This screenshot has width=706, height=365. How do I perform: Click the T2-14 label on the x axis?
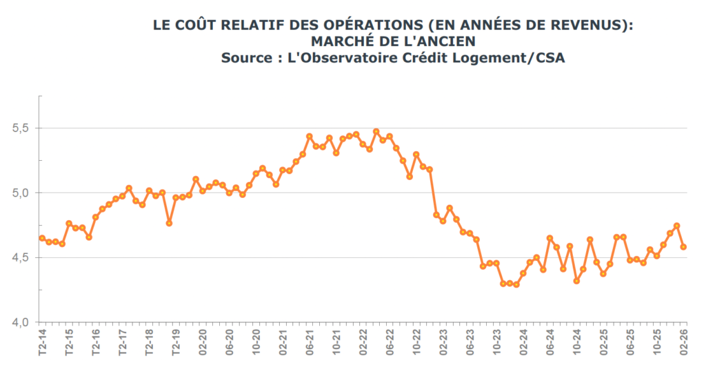pyautogui.click(x=42, y=342)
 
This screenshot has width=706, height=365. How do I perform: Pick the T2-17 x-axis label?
pyautogui.click(x=123, y=342)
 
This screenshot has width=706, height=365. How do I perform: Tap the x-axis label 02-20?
pyautogui.click(x=203, y=342)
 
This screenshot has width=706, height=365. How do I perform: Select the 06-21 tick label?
pyautogui.click(x=310, y=342)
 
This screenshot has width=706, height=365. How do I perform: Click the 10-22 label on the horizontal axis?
pyautogui.click(x=417, y=342)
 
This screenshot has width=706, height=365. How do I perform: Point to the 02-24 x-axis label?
pyautogui.click(x=524, y=342)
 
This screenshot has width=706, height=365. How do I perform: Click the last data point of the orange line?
pyautogui.click(x=683, y=247)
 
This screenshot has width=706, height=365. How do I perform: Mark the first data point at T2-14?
pyautogui.click(x=42, y=239)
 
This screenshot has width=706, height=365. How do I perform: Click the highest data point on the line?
pyautogui.click(x=376, y=132)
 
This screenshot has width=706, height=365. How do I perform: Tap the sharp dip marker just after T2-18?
pyautogui.click(x=169, y=223)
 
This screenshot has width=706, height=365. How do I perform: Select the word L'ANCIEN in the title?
pyautogui.click(x=439, y=41)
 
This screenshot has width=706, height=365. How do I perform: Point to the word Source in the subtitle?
pyautogui.click(x=245, y=58)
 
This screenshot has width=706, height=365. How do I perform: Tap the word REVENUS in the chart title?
pyautogui.click(x=591, y=25)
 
